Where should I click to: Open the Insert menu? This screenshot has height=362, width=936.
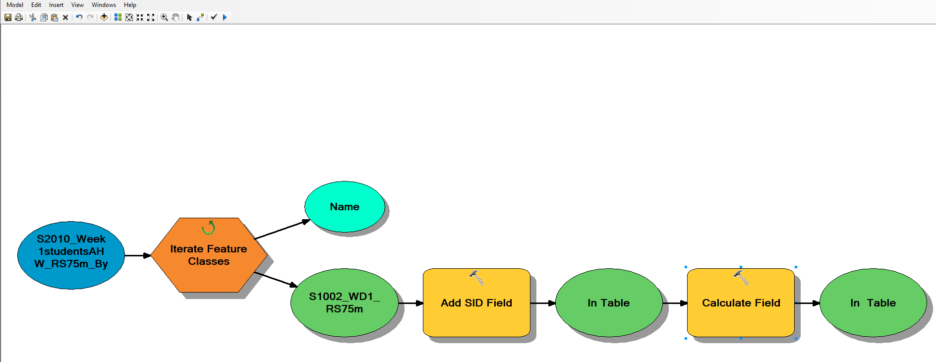coord(56,5)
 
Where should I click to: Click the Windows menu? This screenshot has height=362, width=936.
coord(104,5)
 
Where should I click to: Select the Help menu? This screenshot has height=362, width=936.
coord(130,5)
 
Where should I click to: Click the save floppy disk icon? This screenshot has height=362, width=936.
coord(8,17)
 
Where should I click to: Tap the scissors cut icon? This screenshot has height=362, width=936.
coord(33,17)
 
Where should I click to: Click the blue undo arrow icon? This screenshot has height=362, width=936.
coord(79,17)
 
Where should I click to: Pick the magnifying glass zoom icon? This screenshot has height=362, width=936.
coord(164,17)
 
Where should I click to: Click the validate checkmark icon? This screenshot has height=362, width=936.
coord(214,17)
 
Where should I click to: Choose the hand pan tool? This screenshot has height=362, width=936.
coord(175,17)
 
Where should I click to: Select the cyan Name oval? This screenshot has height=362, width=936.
coord(345,207)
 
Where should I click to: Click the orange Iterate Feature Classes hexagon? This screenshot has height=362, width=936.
coord(209,255)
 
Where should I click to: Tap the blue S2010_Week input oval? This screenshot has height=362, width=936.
coord(71,255)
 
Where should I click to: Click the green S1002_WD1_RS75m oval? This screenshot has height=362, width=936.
coord(345,302)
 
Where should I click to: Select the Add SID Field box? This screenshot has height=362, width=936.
coord(476,302)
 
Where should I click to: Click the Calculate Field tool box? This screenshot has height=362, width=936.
coord(741,302)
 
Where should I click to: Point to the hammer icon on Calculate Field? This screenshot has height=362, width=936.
coord(741,278)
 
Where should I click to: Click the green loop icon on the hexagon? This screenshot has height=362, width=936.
coord(209,228)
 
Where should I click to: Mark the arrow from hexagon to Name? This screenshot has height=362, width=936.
coord(282,229)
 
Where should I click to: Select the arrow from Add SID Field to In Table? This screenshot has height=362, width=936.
coord(543,303)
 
